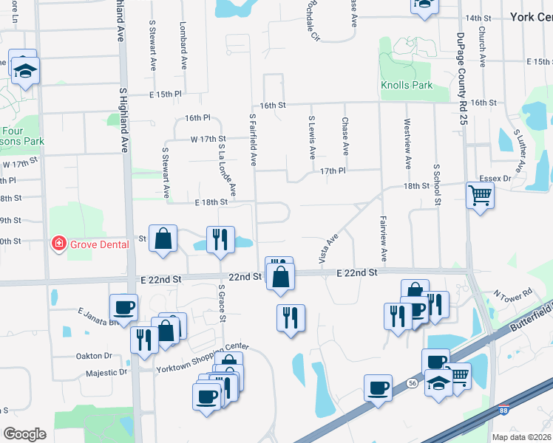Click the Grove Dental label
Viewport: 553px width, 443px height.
coord(99,244)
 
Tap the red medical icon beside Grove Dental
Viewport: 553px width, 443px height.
coord(57,244)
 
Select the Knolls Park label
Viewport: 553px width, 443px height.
coord(407,85)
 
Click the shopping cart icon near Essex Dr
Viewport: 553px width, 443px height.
coord(480,196)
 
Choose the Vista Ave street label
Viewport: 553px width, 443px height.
coord(328,249)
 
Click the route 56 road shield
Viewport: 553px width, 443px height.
coord(412,382)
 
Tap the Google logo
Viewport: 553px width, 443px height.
coord(24,433)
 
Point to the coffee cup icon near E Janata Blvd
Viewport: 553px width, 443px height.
coord(123,306)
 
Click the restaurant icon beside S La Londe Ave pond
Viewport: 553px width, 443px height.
coord(220,238)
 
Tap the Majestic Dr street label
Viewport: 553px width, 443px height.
coord(106,373)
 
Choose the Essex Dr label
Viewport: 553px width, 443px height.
coord(496,179)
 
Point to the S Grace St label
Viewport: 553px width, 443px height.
coord(220,303)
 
